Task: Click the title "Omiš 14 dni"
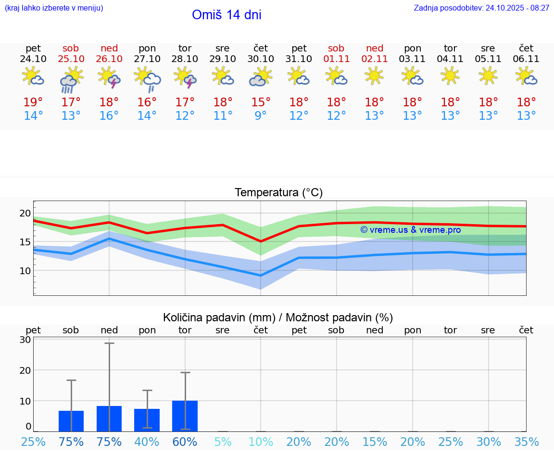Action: pyautogui.click(x=227, y=15)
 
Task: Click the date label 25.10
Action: pyautogui.click(x=71, y=59)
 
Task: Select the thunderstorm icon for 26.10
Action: pyautogui.click(x=109, y=77)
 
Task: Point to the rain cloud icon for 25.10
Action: pyautogui.click(x=71, y=79)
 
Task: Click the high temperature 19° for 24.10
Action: pyautogui.click(x=33, y=102)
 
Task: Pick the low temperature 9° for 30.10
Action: pyautogui.click(x=261, y=116)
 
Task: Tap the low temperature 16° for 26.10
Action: pyautogui.click(x=109, y=116)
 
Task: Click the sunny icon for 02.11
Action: pyautogui.click(x=374, y=76)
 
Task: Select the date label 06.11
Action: pyautogui.click(x=526, y=59)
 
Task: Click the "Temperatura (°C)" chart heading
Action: pyautogui.click(x=278, y=193)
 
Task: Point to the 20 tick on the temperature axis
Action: pyautogui.click(x=25, y=213)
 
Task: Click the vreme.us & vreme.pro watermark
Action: pyautogui.click(x=410, y=230)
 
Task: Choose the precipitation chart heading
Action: pyautogui.click(x=278, y=317)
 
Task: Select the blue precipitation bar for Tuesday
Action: pyautogui.click(x=185, y=416)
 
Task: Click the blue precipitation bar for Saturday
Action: pyautogui.click(x=71, y=421)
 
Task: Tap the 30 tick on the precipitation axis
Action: pyautogui.click(x=25, y=340)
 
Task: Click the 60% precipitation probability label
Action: pyautogui.click(x=185, y=442)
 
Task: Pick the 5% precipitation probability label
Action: pyautogui.click(x=223, y=442)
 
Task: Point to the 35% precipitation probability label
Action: pyautogui.click(x=526, y=442)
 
